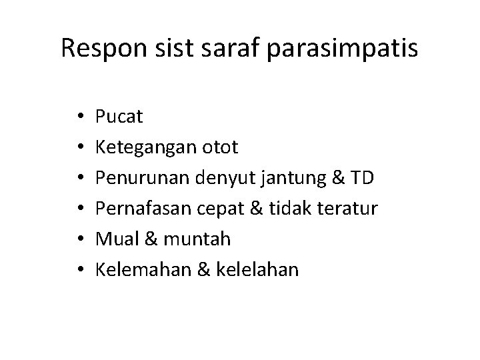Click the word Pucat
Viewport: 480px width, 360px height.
click(119, 117)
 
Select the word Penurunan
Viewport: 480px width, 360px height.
click(143, 178)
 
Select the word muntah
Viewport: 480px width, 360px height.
click(186, 239)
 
